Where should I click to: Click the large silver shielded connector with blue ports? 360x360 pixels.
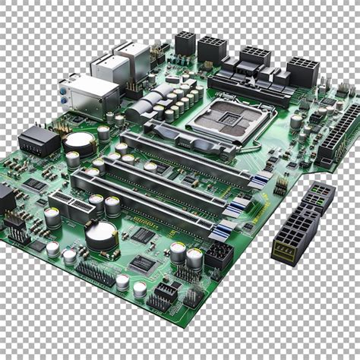coord(90,95)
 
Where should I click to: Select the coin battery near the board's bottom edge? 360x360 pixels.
coord(101,235)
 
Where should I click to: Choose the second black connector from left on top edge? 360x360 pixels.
coord(211,49)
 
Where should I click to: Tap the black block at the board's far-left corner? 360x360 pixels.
coord(6,199)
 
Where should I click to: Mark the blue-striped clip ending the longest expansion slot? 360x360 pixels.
coord(261,179)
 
